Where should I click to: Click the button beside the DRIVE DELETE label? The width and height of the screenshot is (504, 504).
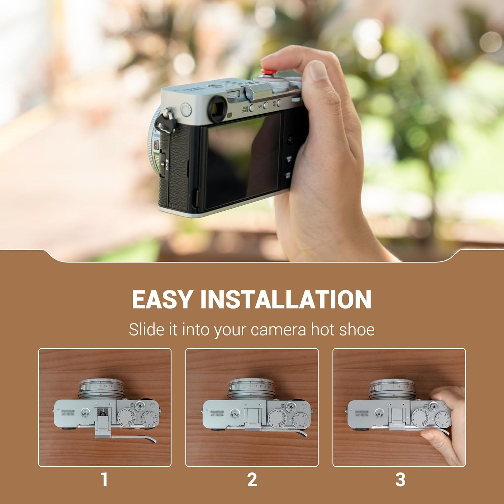point(252,108)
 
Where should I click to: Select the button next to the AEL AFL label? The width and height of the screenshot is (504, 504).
point(279,103)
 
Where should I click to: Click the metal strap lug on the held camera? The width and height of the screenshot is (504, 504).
point(170,113)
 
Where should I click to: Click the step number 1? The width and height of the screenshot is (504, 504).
point(104,479)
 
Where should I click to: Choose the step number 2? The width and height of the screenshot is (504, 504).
point(252,479)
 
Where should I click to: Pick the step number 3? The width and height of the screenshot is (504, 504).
point(400,479)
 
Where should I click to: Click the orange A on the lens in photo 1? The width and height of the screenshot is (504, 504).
point(100,386)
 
